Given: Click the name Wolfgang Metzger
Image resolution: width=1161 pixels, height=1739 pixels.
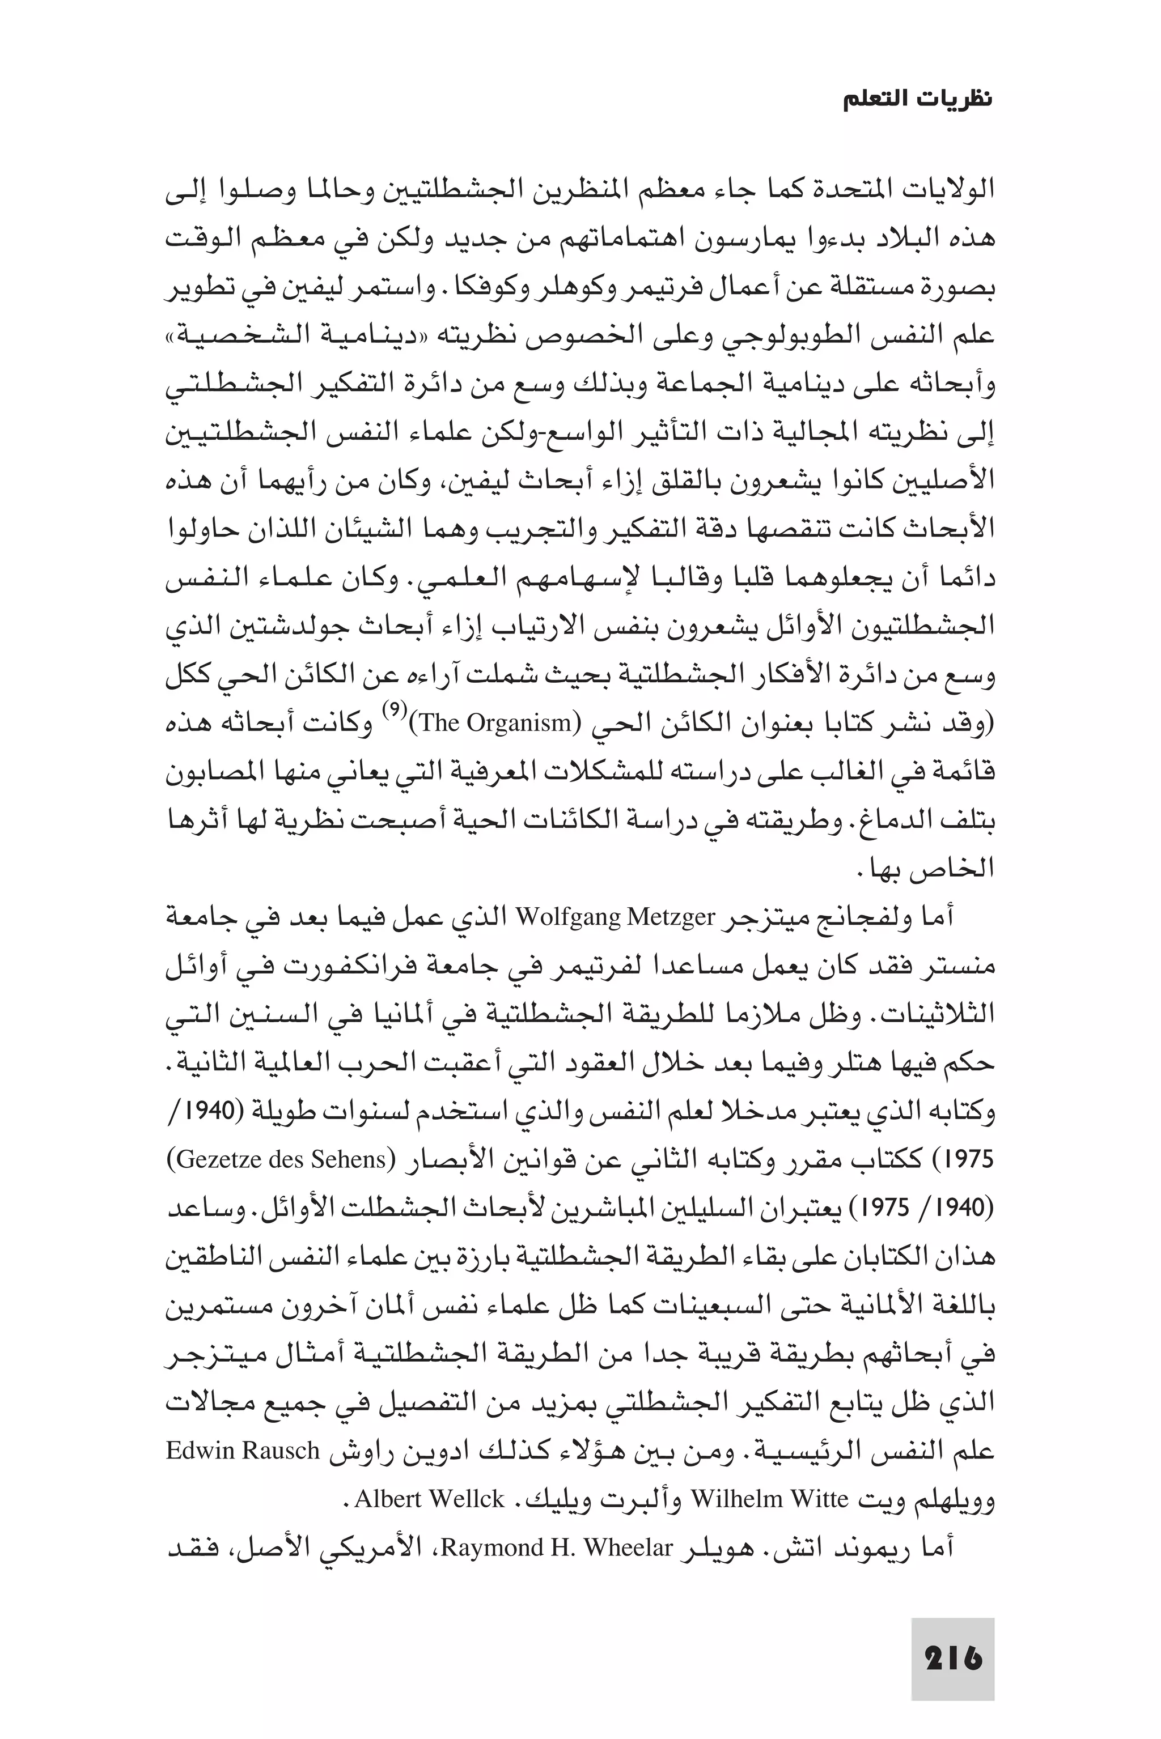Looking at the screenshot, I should pos(615,917).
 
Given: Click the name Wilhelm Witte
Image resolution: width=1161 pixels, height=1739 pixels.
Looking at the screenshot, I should pos(769,1499).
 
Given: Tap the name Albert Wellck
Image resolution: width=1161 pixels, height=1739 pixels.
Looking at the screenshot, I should pos(430,1499).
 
